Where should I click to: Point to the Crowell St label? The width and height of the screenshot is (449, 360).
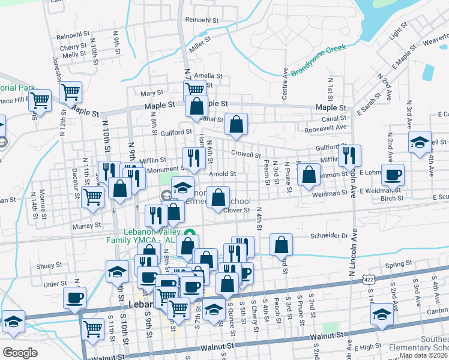pos(243,154)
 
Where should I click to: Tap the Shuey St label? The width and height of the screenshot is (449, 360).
pos(49,265)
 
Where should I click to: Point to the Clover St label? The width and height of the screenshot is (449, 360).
pos(237,210)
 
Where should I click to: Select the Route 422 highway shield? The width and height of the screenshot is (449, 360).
pos(368,280)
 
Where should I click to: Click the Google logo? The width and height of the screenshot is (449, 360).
pos(19,352)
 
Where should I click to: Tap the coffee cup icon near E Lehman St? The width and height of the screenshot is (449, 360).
pos(393,175)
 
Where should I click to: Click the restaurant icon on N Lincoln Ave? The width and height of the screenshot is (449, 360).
pos(349,155)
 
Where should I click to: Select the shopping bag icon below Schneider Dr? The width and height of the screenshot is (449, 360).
pos(281,244)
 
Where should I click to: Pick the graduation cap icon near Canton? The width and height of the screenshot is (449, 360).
pos(381,314)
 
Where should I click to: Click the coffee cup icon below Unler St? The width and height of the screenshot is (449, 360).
pos(75,297)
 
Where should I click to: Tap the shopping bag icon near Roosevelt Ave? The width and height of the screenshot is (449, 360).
pos(237,124)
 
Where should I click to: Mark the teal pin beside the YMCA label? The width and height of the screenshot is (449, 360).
pos(190,233)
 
